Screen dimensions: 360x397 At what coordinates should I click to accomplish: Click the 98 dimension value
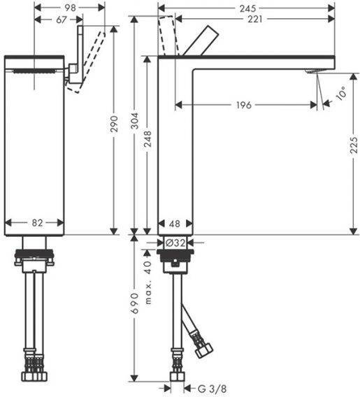pyautogui.click(x=70, y=8)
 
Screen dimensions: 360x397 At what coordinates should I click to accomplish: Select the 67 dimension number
pyautogui.click(x=61, y=20)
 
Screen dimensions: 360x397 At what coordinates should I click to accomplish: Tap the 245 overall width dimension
pyautogui.click(x=247, y=8)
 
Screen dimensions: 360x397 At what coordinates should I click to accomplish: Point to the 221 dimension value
pyautogui.click(x=254, y=19)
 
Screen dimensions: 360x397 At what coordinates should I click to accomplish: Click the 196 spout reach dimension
pyautogui.click(x=243, y=105)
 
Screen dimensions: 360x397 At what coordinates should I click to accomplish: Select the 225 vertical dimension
pyautogui.click(x=354, y=145)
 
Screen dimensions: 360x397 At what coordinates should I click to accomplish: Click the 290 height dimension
pyautogui.click(x=114, y=124)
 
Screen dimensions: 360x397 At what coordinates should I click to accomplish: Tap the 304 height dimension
pyautogui.click(x=136, y=121)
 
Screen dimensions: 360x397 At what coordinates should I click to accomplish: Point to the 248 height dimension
pyautogui.click(x=147, y=139)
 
